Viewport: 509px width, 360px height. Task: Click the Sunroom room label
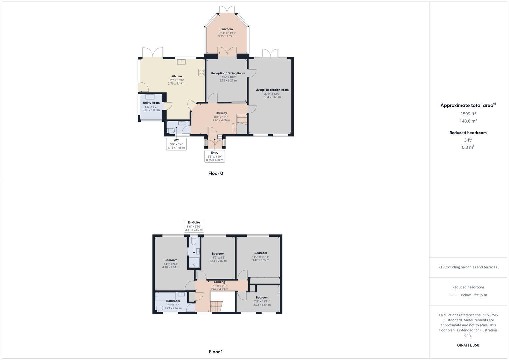226,29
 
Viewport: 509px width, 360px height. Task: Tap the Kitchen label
176,76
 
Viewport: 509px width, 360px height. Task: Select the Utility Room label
151,103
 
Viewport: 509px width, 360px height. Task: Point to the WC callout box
176,144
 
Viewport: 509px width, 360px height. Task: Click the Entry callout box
214,156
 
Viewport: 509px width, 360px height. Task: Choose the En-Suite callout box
194,226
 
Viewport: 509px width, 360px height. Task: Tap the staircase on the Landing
216,306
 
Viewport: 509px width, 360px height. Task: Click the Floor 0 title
216,173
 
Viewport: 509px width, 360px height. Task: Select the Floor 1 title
216,352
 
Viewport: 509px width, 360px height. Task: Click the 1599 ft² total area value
468,114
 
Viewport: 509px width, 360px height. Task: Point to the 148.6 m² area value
468,121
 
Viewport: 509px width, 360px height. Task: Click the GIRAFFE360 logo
468,345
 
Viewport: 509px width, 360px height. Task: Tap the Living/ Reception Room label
272,90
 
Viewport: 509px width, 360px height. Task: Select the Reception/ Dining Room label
228,73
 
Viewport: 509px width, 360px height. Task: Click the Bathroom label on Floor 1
173,301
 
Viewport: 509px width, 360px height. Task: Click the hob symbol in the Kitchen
201,73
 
